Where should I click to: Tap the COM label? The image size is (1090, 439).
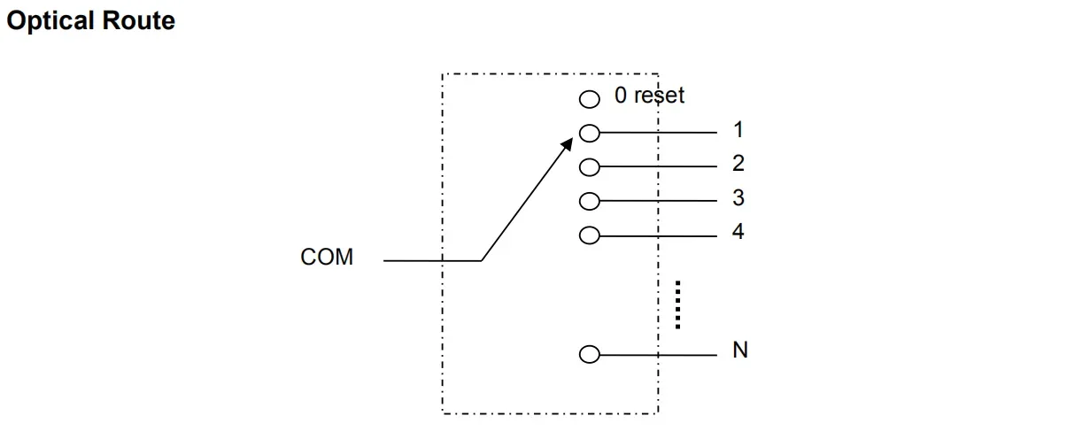click(327, 258)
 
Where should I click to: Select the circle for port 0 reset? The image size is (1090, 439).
click(590, 99)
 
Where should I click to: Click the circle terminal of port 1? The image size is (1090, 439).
click(590, 133)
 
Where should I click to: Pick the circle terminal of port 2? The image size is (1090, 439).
click(590, 166)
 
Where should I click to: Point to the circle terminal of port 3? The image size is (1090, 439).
click(590, 201)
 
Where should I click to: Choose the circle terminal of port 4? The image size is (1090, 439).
click(590, 235)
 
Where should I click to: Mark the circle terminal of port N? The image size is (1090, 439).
click(590, 355)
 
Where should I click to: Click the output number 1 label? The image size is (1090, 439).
click(738, 130)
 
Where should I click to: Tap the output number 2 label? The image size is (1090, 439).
click(738, 164)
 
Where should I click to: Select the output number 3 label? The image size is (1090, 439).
click(738, 197)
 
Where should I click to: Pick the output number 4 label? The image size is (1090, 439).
click(738, 232)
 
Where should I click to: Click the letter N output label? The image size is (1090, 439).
click(740, 350)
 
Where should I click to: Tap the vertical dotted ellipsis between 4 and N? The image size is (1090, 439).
click(676, 304)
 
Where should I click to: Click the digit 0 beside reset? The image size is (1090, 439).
click(621, 96)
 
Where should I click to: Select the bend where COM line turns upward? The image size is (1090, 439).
click(481, 261)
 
